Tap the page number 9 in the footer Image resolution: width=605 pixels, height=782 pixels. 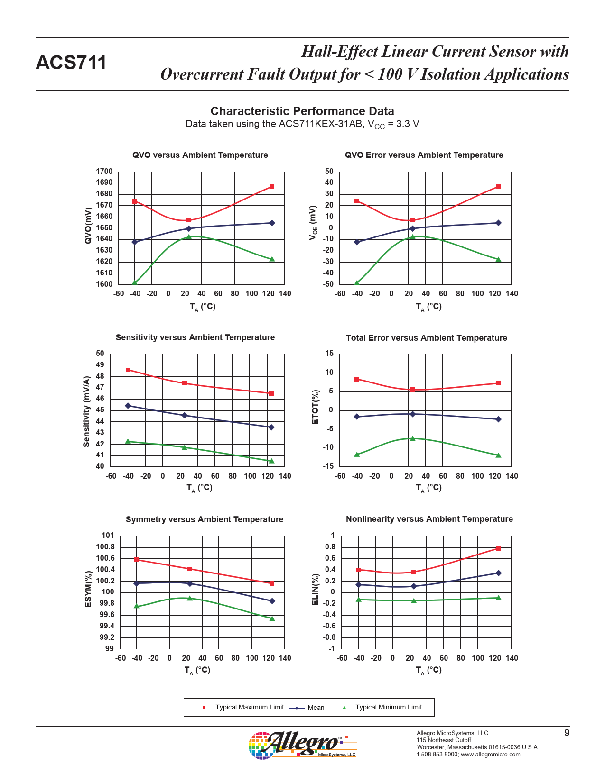point(567,733)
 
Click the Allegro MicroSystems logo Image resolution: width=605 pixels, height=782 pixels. point(302,745)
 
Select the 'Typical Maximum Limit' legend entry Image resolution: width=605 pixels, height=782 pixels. point(240,707)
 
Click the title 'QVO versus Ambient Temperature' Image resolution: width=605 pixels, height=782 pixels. point(200,155)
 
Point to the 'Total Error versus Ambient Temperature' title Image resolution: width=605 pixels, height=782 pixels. point(426,338)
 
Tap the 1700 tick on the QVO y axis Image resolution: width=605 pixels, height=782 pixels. point(104,172)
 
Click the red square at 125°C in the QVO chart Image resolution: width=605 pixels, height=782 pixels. point(272,187)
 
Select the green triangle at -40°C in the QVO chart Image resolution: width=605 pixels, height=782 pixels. point(135,282)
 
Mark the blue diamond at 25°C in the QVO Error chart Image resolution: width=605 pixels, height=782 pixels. point(412,228)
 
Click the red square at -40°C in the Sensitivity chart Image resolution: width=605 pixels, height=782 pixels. point(128,370)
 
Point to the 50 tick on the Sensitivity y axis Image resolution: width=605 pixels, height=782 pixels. point(100,354)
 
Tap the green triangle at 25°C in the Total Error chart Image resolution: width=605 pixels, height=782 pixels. point(412,438)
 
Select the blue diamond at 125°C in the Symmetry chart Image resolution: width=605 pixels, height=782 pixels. point(272,601)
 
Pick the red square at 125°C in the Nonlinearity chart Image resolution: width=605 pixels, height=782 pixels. point(498,548)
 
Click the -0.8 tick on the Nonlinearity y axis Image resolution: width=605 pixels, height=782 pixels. point(329,637)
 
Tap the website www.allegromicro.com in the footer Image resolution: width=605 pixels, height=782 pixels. point(490,755)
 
